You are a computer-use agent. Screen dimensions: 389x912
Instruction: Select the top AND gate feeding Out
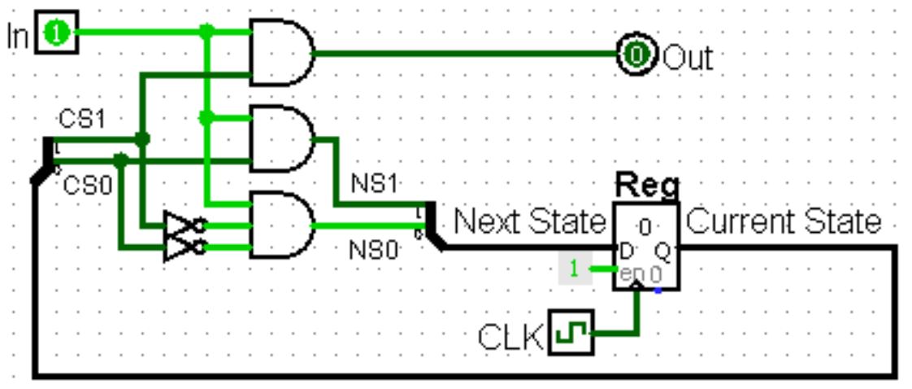click(x=281, y=54)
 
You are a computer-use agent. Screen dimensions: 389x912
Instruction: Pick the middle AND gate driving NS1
click(x=281, y=138)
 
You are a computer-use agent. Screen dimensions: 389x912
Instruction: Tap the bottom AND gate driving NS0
click(x=281, y=225)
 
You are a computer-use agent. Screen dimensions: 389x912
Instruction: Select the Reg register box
click(x=646, y=247)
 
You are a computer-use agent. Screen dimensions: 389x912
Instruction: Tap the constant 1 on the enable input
click(x=575, y=269)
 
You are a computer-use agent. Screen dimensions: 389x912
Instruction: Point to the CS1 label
click(x=82, y=120)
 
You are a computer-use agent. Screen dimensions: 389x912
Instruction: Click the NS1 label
click(x=375, y=184)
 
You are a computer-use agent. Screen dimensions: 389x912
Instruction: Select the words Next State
click(x=530, y=221)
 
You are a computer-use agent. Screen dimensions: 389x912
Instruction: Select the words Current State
click(x=784, y=221)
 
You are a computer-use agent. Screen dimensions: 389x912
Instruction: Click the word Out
click(x=688, y=58)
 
